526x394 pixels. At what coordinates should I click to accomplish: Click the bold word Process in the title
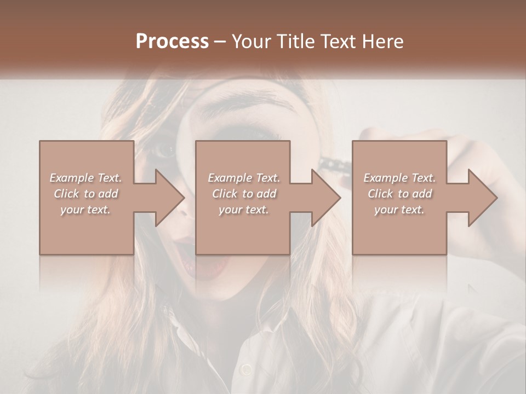pyautogui.click(x=172, y=41)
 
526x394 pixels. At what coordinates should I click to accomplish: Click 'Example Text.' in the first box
pyautogui.click(x=85, y=178)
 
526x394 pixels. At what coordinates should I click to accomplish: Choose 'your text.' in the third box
pyautogui.click(x=399, y=210)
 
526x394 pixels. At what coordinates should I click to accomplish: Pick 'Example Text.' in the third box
pyautogui.click(x=399, y=178)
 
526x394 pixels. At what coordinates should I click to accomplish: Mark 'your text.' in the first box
pyautogui.click(x=85, y=210)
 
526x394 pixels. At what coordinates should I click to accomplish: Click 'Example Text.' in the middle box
pyautogui.click(x=244, y=178)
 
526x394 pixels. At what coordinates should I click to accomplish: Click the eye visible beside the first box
pyautogui.click(x=164, y=149)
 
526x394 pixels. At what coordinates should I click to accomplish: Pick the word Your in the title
pyautogui.click(x=250, y=41)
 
